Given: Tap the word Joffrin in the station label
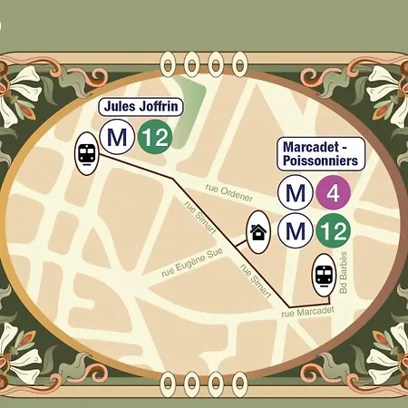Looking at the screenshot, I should tap(160, 107).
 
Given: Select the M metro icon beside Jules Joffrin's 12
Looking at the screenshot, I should tap(116, 139).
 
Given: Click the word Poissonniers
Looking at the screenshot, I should tap(321, 160).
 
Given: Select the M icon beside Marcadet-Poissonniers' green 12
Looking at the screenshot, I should tap(295, 231).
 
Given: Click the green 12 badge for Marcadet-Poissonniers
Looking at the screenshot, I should tap(332, 231).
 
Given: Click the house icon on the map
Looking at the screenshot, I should tap(257, 231).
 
